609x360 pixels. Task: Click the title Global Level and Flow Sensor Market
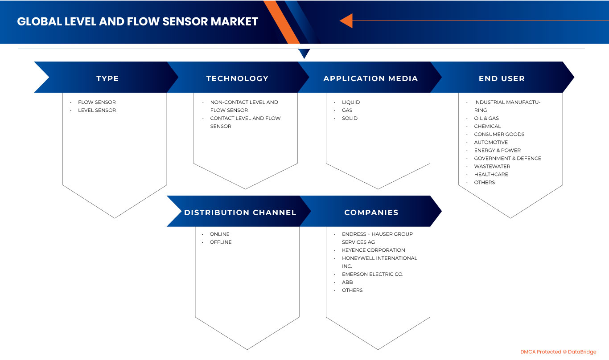(137, 21)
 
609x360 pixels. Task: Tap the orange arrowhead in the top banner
(346, 20)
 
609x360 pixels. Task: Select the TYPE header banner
(107, 78)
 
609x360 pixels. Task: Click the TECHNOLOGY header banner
(237, 78)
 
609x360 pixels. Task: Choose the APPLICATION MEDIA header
(370, 78)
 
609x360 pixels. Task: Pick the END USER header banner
(502, 78)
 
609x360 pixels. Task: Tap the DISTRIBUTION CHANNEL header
(240, 213)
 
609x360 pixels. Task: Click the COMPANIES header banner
(371, 213)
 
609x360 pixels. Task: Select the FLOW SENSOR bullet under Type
(97, 102)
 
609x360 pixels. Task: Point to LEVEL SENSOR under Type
(97, 110)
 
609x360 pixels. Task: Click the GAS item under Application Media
(347, 110)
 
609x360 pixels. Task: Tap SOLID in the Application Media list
(350, 119)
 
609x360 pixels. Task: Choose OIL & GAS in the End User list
(486, 119)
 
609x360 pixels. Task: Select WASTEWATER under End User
(492, 167)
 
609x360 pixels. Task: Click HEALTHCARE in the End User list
(491, 175)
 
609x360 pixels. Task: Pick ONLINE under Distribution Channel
(219, 234)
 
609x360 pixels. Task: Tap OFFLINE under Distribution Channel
(221, 242)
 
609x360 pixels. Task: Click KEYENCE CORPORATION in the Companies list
(373, 250)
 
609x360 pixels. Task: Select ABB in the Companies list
(347, 282)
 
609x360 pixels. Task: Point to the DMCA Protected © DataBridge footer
(558, 352)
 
